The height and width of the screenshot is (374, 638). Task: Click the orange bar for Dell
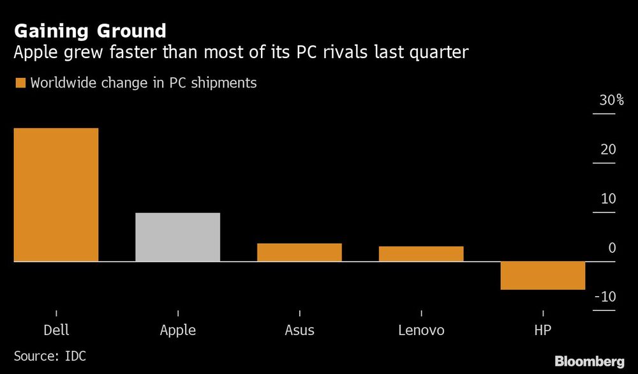(x=56, y=195)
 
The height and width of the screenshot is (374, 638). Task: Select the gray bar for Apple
(x=177, y=237)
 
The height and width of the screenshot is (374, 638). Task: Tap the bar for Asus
(x=299, y=252)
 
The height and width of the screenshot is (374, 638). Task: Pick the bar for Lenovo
(x=421, y=253)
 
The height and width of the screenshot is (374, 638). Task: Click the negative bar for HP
(x=542, y=275)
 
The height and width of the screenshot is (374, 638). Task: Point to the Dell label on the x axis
(x=56, y=331)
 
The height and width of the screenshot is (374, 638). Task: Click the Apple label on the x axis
(x=177, y=331)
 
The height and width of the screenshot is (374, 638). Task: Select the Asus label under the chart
(x=299, y=331)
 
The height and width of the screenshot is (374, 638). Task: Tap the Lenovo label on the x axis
(x=421, y=331)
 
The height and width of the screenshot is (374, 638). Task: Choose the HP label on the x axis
(x=542, y=331)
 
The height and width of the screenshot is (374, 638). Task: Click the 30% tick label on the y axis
(x=611, y=100)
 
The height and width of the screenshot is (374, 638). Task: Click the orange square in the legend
(x=20, y=83)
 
